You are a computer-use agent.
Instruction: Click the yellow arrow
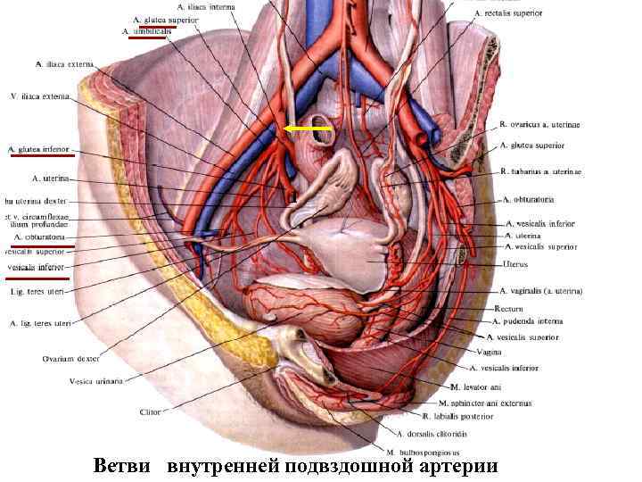coord(308,129)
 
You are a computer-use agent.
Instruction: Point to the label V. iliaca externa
coord(39,96)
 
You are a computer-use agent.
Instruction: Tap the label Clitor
coord(151,412)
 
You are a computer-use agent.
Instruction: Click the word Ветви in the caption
coord(125,466)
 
